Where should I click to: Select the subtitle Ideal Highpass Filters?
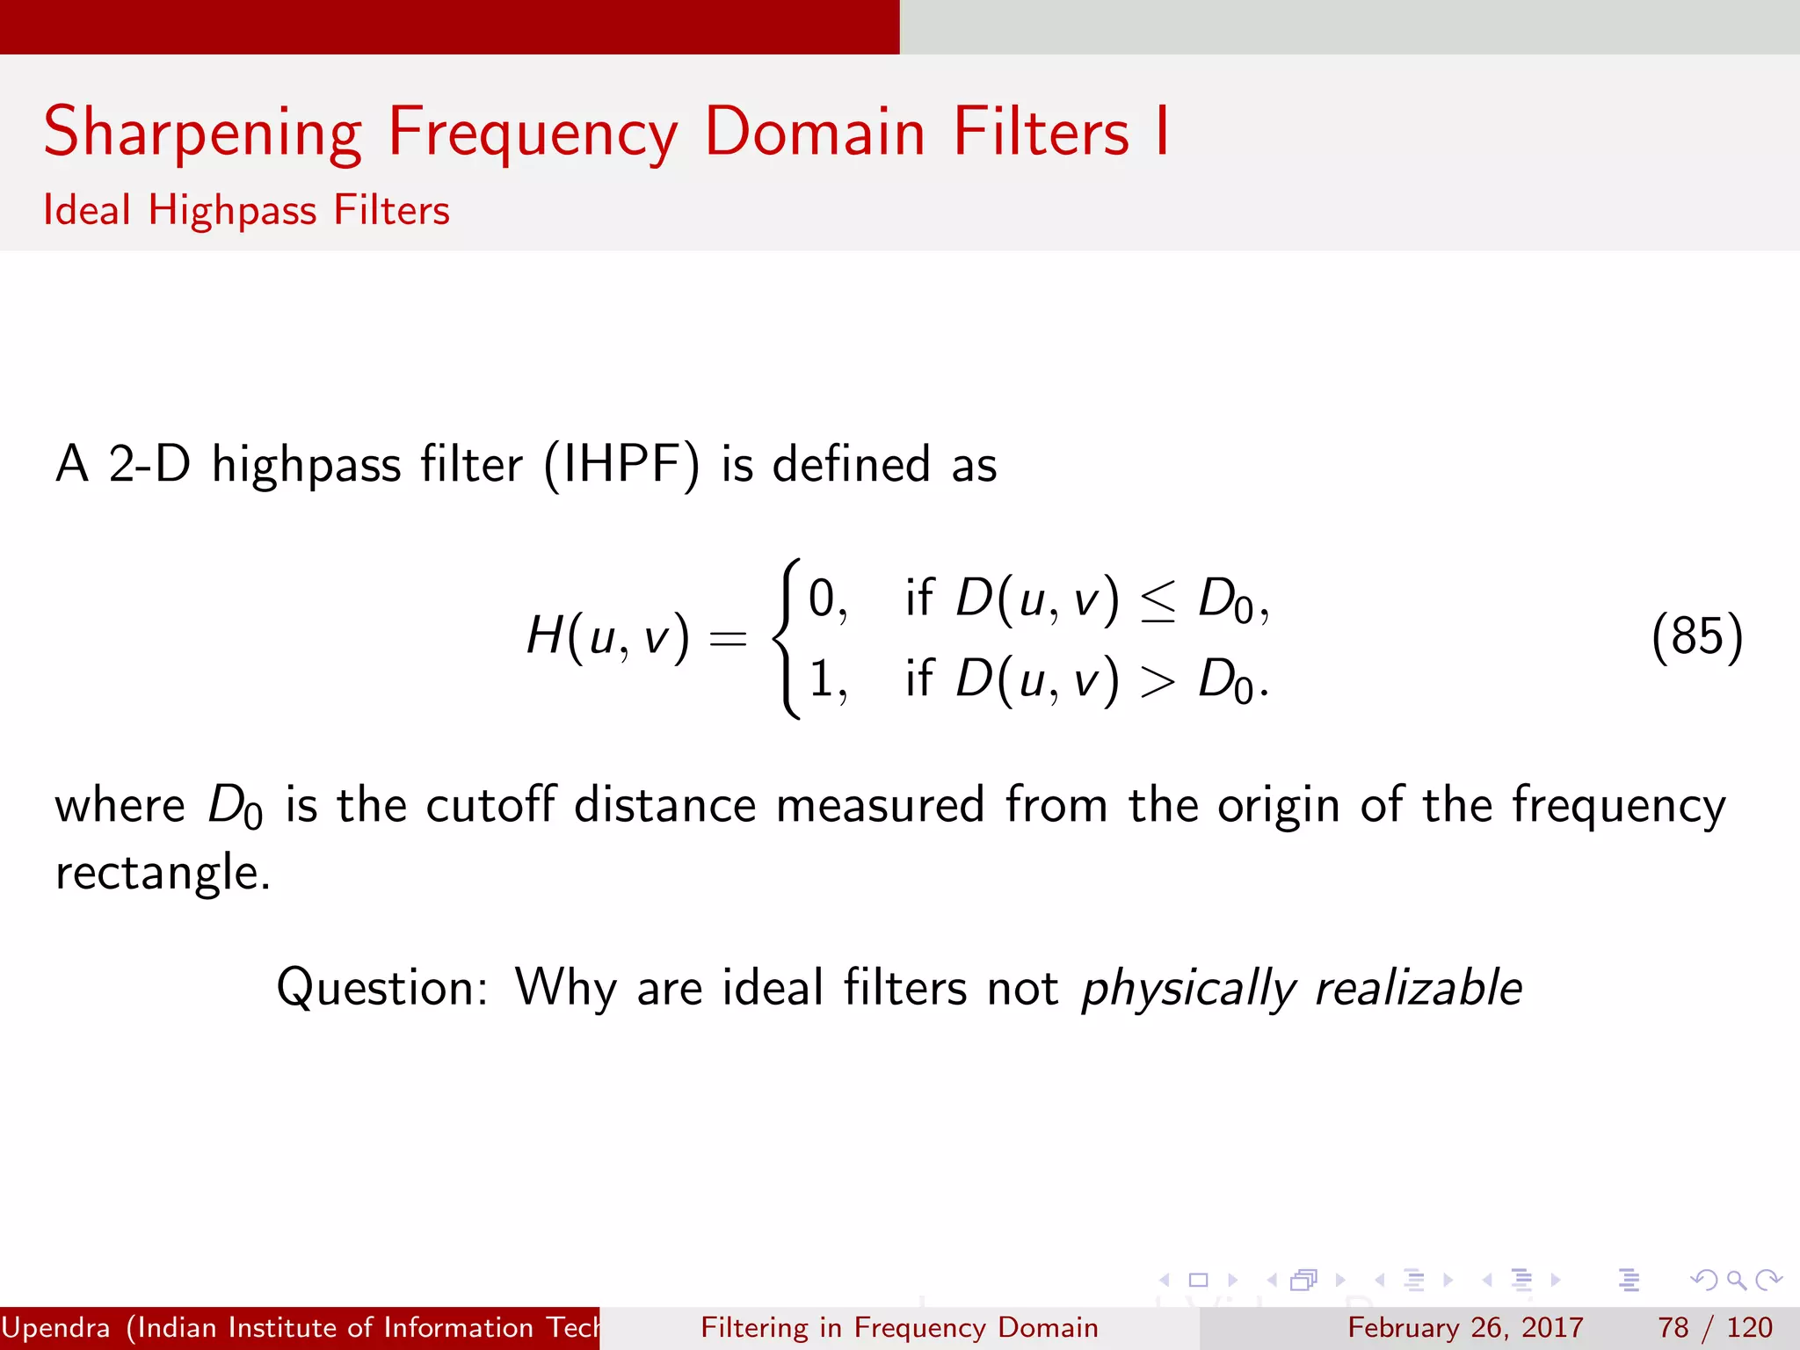click(x=246, y=211)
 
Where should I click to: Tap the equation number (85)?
click(x=1696, y=636)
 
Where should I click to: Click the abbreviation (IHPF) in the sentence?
click(x=621, y=466)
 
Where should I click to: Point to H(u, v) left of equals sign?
click(x=606, y=636)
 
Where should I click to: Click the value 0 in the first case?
click(x=821, y=599)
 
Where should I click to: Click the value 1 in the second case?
click(x=821, y=679)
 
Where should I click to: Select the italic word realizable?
click(x=1418, y=988)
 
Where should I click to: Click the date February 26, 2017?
click(x=1465, y=1327)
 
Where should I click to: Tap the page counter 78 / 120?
click(x=1714, y=1327)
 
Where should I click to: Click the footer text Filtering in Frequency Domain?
click(x=899, y=1327)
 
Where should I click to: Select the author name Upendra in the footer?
click(x=56, y=1328)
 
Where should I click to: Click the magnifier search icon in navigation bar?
click(x=1736, y=1280)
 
